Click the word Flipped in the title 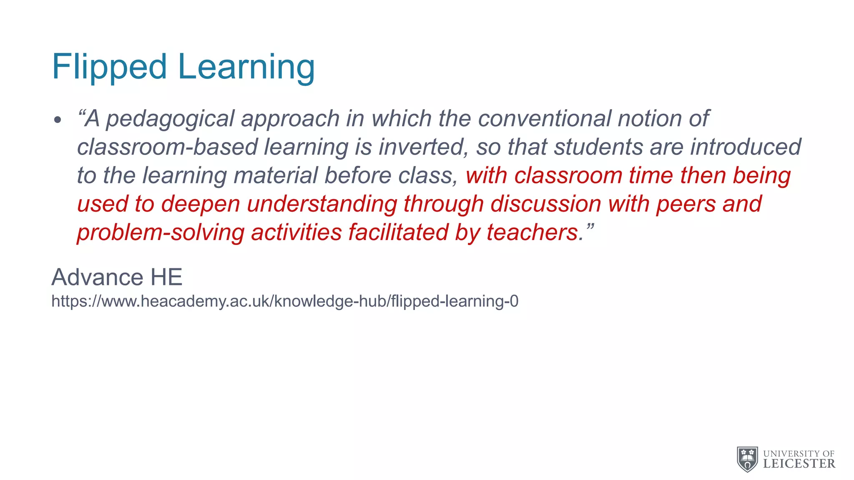coord(109,67)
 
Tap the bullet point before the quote coord(58,120)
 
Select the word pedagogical coord(170,119)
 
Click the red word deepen coord(201,204)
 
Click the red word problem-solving coord(161,232)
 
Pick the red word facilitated coord(398,232)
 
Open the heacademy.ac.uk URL coord(285,301)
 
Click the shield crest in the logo coord(747,459)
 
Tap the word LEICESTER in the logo coord(799,464)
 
